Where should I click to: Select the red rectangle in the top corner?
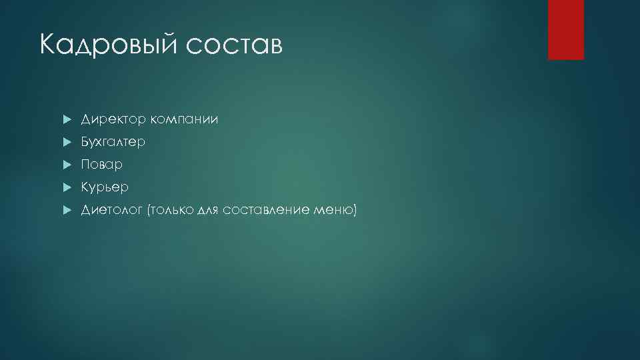tap(565, 29)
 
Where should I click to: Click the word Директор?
tap(113, 120)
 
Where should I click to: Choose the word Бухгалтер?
tap(113, 143)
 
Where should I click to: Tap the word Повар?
tap(102, 165)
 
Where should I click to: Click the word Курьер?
tap(105, 188)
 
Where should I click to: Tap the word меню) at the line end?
tap(336, 211)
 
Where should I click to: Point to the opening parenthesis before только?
tap(150, 211)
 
